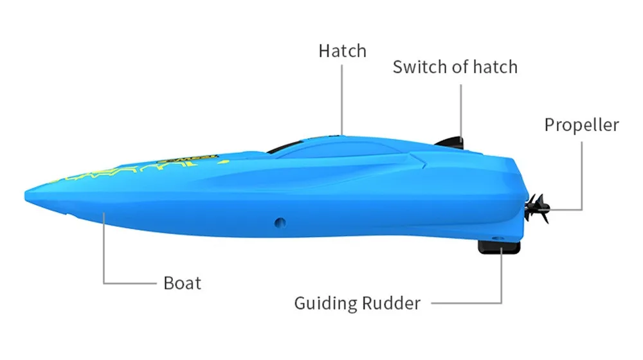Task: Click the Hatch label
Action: tap(342, 51)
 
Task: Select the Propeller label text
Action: tap(581, 124)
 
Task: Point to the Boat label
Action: tap(183, 283)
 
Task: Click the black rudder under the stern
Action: tap(498, 246)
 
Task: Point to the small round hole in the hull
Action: tap(278, 222)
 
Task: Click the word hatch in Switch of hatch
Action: tap(494, 66)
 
